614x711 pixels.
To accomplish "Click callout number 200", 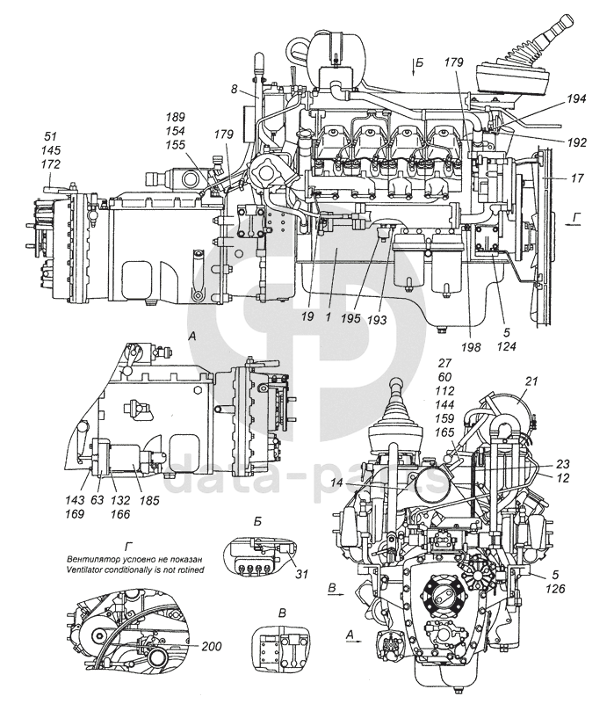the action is (x=211, y=645).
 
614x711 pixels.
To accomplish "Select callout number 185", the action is (x=149, y=500).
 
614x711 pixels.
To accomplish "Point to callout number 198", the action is (x=471, y=347).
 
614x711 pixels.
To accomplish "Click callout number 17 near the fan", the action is (x=577, y=178).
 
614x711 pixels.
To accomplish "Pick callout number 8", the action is (x=234, y=89).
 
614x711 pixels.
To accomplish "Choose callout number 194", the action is (x=576, y=98).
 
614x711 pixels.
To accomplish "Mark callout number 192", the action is (x=576, y=142).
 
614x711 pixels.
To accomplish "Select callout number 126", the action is (x=555, y=589).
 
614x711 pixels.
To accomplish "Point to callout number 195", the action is (x=351, y=318).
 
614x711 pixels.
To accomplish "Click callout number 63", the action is (x=98, y=500).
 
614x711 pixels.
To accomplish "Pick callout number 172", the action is (x=50, y=164).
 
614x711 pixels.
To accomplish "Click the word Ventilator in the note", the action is (x=84, y=570).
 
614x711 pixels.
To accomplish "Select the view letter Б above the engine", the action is (x=419, y=63).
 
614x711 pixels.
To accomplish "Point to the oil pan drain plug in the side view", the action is (x=441, y=330).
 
